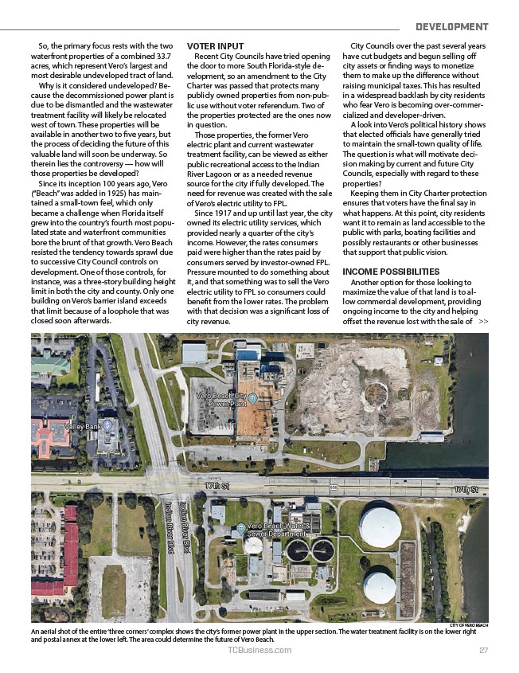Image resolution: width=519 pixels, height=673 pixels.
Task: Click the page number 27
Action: pyautogui.click(x=483, y=650)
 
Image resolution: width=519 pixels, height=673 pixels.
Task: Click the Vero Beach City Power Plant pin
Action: pyautogui.click(x=252, y=397)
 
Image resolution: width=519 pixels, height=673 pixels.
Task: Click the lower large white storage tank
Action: pyautogui.click(x=378, y=586)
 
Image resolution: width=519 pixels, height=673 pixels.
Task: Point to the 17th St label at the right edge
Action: pyautogui.click(x=466, y=487)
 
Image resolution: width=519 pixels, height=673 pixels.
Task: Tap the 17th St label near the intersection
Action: pyautogui.click(x=217, y=485)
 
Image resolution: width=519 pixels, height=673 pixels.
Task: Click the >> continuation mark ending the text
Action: pyautogui.click(x=483, y=322)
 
